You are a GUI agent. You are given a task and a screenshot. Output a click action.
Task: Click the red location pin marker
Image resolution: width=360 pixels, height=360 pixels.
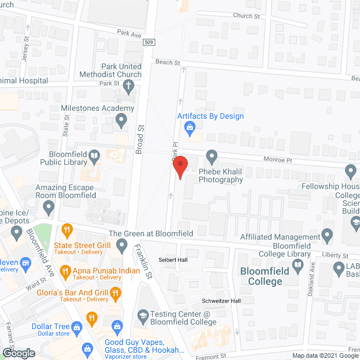point(179,168)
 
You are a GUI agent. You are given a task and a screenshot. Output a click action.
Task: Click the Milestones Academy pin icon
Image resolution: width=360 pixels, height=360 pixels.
point(120,119)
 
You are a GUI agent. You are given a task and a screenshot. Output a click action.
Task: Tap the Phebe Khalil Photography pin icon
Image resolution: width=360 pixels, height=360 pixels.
point(211,155)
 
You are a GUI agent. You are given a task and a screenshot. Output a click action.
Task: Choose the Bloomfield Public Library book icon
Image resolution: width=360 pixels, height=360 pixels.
point(95,155)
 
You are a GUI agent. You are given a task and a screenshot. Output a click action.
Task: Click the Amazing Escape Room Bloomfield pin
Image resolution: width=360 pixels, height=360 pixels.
point(48,208)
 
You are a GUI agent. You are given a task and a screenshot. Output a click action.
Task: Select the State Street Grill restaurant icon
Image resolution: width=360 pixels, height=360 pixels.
point(67,229)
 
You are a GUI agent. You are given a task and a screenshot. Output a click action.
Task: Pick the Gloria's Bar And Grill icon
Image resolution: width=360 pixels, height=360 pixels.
point(116,292)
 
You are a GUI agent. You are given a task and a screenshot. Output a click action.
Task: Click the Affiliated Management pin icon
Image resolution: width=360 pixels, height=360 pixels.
point(326,234)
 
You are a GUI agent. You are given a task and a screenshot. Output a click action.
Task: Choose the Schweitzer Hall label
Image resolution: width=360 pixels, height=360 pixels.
point(223,301)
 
